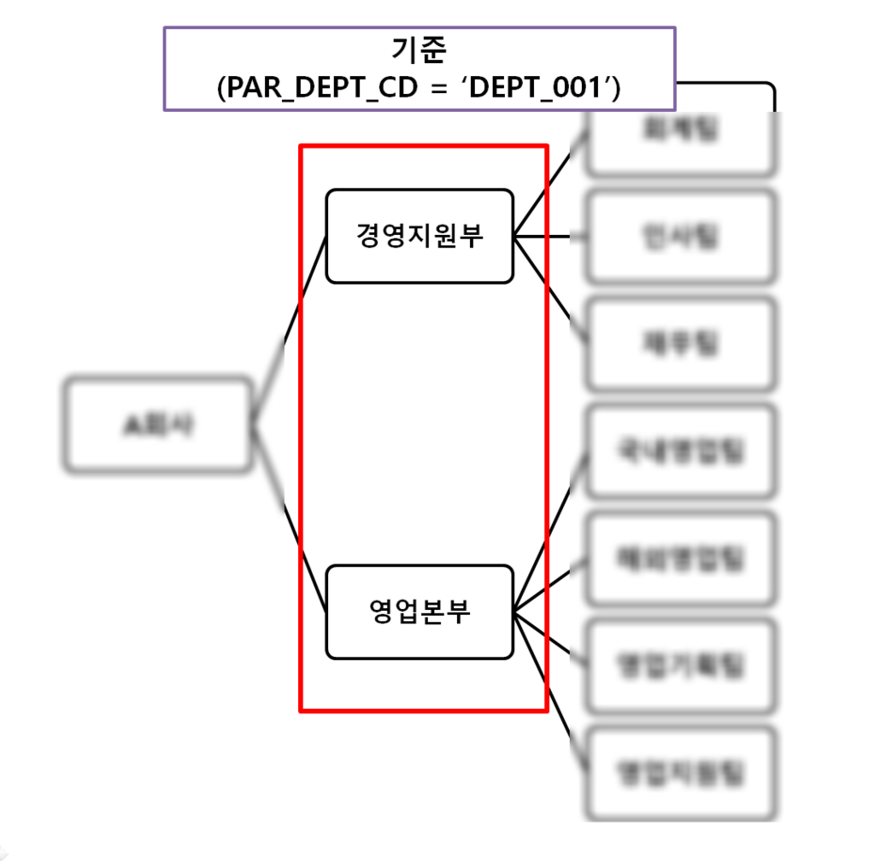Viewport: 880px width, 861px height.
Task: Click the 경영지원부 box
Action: click(x=419, y=236)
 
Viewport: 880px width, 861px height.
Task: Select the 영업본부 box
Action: click(x=419, y=612)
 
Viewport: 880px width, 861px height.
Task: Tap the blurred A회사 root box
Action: click(x=158, y=424)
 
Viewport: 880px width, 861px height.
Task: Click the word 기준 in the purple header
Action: click(x=418, y=50)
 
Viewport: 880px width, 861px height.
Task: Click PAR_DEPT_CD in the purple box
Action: click(x=302, y=87)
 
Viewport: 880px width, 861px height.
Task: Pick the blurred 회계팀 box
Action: click(x=682, y=132)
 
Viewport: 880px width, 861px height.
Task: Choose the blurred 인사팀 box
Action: click(x=682, y=236)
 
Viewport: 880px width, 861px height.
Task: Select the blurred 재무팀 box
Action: click(x=682, y=344)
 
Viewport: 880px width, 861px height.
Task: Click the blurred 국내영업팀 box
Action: click(x=682, y=451)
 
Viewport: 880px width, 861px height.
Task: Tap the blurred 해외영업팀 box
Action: click(x=682, y=558)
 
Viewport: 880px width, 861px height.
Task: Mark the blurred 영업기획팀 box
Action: click(x=682, y=665)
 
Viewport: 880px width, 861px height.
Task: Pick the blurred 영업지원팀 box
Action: click(x=682, y=773)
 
